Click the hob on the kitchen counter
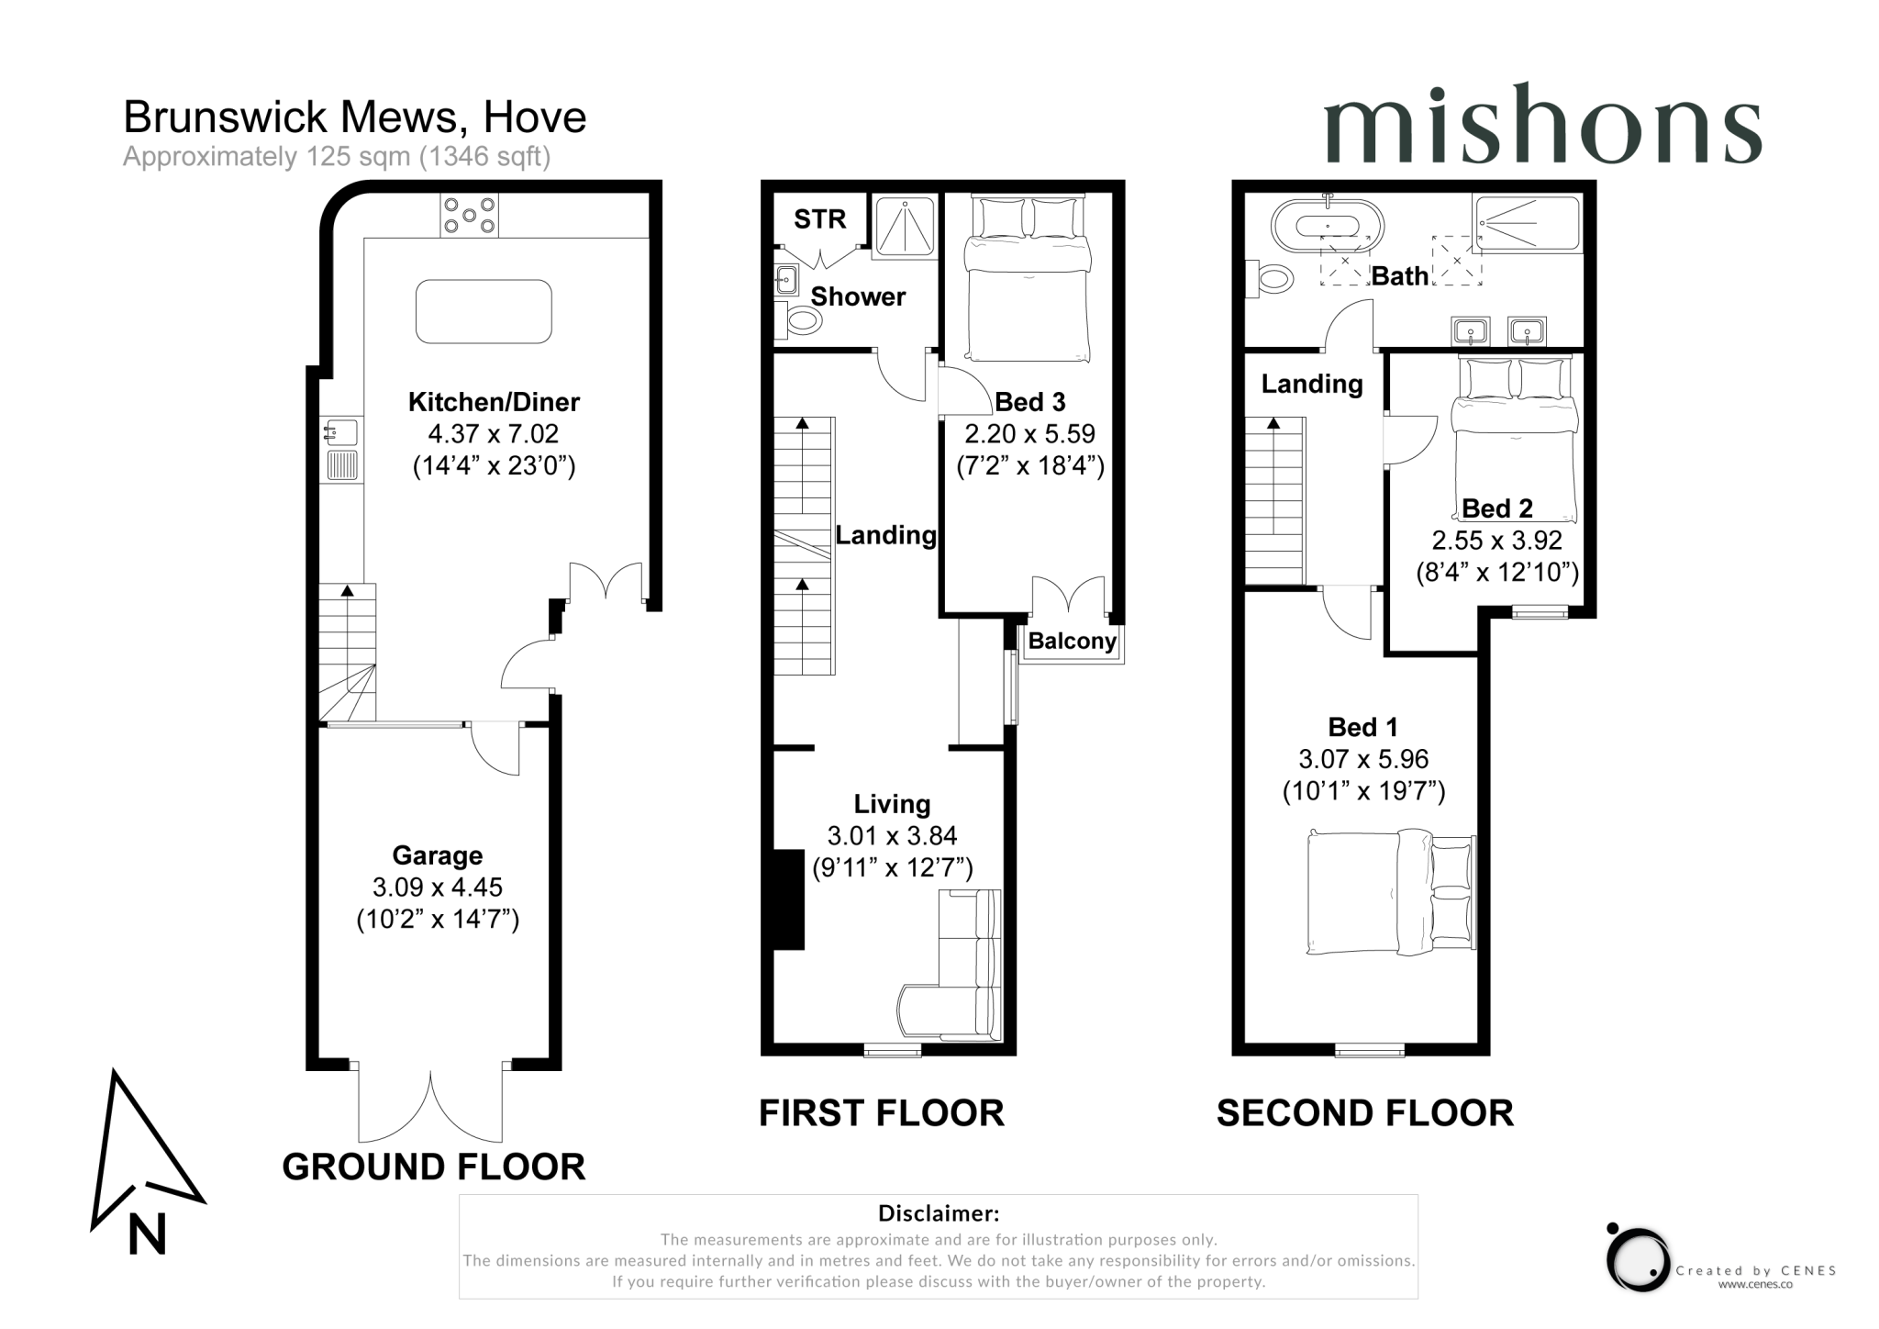[469, 215]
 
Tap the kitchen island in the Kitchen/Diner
[484, 312]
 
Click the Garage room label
[438, 855]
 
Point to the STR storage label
[819, 219]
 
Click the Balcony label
[1072, 641]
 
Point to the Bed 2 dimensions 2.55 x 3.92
[1496, 541]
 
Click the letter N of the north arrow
[147, 1234]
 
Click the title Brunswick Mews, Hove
[355, 117]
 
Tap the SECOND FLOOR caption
[1365, 1113]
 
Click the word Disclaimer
[939, 1213]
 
